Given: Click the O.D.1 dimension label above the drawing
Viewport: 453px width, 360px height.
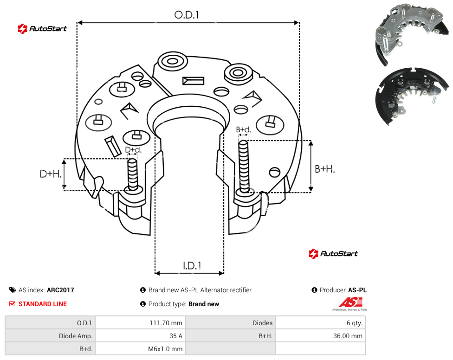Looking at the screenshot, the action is pyautogui.click(x=187, y=15).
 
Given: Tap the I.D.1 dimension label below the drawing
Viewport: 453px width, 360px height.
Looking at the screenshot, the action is pyautogui.click(x=192, y=266).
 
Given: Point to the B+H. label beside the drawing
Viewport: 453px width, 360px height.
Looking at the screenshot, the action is pyautogui.click(x=325, y=169).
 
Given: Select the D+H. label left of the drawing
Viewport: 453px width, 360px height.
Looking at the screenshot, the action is pyautogui.click(x=51, y=174).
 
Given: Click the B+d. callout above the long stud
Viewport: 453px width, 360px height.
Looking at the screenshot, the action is pyautogui.click(x=244, y=129).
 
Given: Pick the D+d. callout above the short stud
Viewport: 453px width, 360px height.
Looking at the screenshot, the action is pyautogui.click(x=133, y=150).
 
